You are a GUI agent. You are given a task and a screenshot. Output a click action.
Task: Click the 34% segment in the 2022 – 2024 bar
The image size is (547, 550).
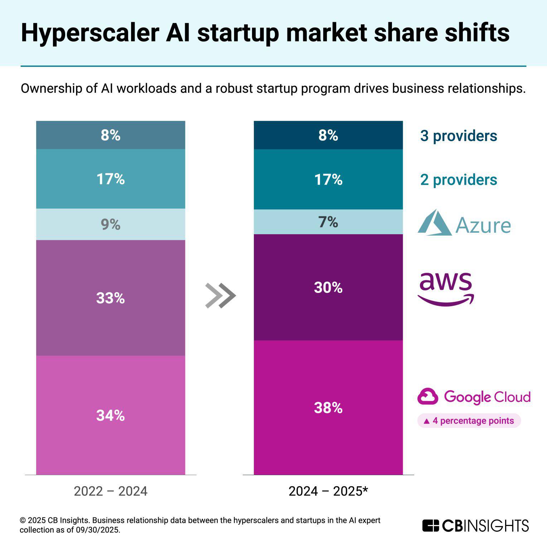[110, 415]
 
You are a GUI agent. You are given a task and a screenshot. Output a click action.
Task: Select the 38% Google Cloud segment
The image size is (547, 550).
[328, 407]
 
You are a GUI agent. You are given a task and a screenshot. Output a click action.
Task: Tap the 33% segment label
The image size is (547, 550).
[110, 298]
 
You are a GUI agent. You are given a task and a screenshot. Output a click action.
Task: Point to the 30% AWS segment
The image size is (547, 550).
[328, 287]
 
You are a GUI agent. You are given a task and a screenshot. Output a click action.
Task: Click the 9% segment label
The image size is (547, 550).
[110, 225]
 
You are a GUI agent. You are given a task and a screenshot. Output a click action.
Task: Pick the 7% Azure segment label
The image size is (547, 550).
[328, 222]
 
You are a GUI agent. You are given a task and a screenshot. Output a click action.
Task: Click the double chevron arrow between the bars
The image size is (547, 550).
[220, 295]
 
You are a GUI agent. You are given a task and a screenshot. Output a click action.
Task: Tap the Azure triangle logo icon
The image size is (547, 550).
[435, 223]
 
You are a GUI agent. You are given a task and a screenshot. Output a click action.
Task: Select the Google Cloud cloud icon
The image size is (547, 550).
[427, 397]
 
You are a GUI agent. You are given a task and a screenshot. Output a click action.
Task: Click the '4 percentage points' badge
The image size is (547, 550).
[469, 421]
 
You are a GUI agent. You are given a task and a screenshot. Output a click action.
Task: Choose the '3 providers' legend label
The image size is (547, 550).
[459, 136]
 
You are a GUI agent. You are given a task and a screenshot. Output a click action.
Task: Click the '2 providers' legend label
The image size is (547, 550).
[459, 180]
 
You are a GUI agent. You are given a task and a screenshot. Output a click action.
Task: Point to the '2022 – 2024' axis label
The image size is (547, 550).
[110, 491]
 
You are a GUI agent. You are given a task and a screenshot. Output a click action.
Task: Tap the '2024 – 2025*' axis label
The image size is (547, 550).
[328, 491]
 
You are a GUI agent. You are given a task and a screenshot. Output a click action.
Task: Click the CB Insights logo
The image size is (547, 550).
[475, 526]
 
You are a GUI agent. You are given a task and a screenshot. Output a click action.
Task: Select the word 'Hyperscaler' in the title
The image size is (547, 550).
[90, 33]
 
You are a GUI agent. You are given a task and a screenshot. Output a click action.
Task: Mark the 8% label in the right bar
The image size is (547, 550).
[328, 135]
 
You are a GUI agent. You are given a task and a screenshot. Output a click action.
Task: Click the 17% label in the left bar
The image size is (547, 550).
[110, 179]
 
